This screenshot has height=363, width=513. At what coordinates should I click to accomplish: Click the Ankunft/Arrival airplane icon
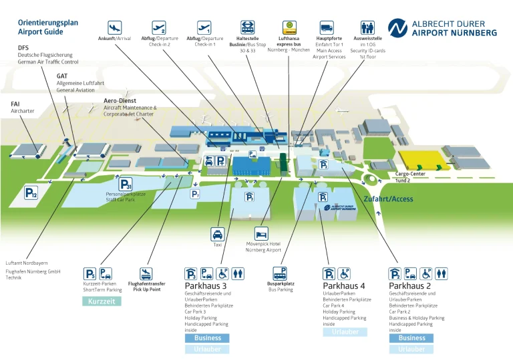point(115,27)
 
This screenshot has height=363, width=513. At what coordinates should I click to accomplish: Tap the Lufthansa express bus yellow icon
point(289,27)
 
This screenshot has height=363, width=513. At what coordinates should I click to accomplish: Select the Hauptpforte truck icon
point(327,27)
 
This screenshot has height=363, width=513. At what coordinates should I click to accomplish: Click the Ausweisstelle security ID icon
point(367,27)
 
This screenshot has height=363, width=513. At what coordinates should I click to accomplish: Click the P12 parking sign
point(31,193)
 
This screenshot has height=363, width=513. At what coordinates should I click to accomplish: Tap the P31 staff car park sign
point(126,184)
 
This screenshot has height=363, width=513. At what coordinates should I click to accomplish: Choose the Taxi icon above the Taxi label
point(217,235)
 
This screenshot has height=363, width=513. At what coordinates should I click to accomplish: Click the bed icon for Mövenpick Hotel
point(261,233)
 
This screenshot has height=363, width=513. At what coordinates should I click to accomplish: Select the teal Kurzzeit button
point(102,301)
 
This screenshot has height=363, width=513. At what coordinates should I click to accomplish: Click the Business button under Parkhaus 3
point(207,338)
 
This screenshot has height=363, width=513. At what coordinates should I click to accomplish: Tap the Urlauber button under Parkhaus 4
point(345,332)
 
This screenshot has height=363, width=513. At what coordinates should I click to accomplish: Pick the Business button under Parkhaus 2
point(411,338)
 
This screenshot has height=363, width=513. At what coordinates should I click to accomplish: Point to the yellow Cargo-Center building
point(421,159)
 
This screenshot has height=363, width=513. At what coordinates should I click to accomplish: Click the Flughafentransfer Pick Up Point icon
point(146,273)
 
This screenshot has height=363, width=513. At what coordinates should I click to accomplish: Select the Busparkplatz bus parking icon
point(281,273)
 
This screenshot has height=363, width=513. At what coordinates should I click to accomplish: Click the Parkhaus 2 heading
point(409,285)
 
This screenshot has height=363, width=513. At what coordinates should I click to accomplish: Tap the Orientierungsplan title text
point(47,22)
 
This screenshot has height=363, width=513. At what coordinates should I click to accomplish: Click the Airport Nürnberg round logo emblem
point(397,27)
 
